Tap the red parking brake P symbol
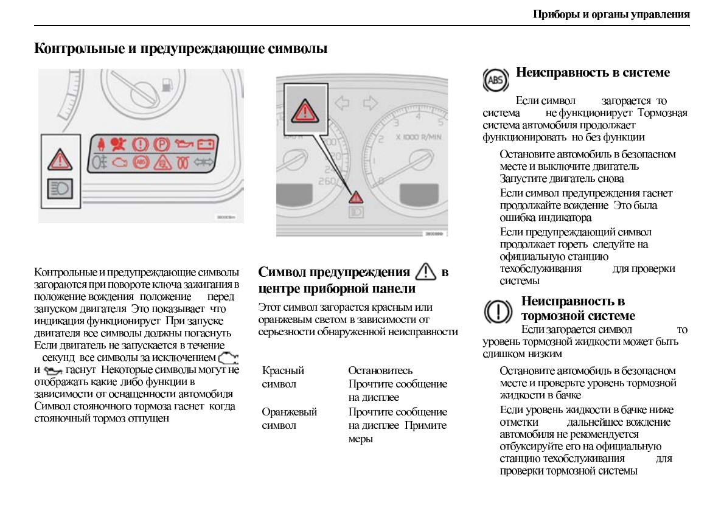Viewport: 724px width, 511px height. (x=161, y=145)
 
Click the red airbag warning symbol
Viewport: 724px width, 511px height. (x=119, y=145)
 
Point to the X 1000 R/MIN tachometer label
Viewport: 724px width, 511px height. (x=418, y=137)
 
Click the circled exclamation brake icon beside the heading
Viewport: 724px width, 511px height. (x=497, y=311)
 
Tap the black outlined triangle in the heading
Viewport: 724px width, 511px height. (x=425, y=271)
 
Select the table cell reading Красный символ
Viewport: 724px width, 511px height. (x=283, y=377)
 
